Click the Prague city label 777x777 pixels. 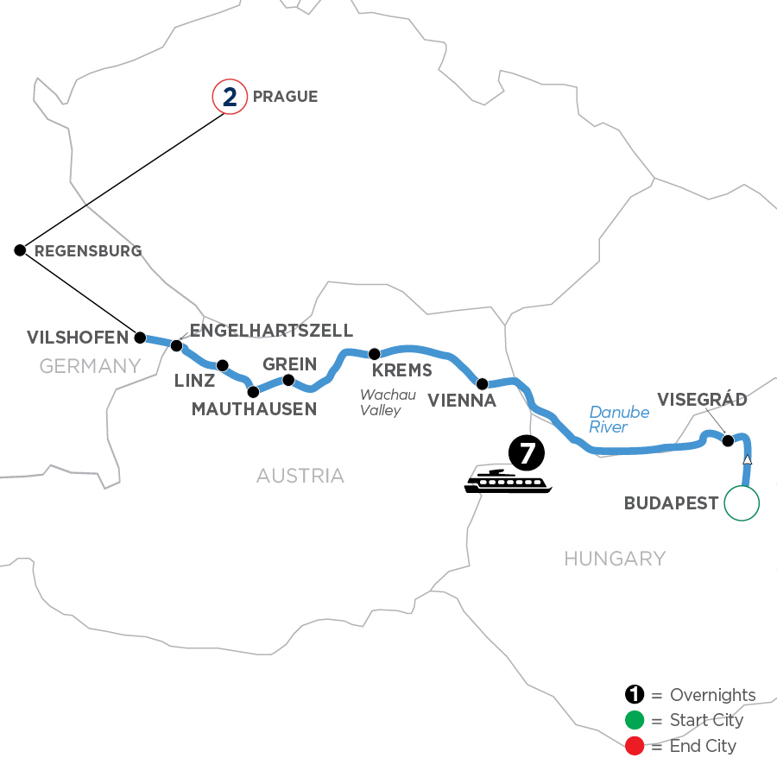(285, 97)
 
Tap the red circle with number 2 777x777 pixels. (229, 97)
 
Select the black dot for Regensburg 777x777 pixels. (20, 250)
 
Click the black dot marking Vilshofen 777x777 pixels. (140, 338)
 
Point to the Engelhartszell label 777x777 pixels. (271, 331)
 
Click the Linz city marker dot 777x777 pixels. (223, 365)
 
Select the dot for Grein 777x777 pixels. (288, 380)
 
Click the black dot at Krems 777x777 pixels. (375, 354)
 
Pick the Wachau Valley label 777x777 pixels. (381, 402)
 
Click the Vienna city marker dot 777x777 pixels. (482, 383)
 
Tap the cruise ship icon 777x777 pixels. (507, 482)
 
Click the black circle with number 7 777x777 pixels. (526, 452)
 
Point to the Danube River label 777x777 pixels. (619, 420)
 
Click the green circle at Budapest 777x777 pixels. (742, 503)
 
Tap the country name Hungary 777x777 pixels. (615, 559)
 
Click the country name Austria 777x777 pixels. (300, 476)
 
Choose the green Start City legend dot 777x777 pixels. (635, 721)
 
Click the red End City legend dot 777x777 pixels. (635, 746)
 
